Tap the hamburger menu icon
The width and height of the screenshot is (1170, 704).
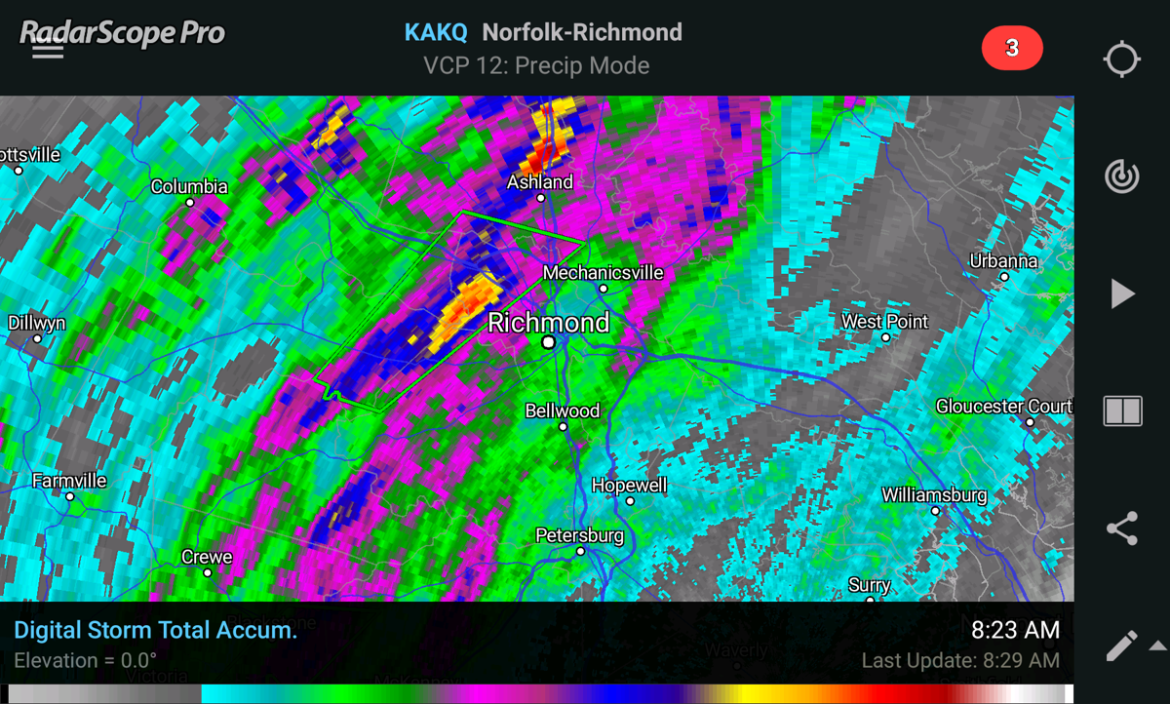[x=48, y=49]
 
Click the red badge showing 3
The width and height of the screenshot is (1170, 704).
[x=1012, y=49]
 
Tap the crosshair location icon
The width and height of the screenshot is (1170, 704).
[x=1121, y=59]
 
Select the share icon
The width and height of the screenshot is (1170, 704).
[x=1121, y=528]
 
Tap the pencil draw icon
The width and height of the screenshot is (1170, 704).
[x=1121, y=645]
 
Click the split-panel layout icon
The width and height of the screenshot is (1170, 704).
[x=1121, y=411]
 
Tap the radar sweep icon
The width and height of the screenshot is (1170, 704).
[x=1121, y=176]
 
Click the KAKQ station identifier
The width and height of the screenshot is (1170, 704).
[x=436, y=32]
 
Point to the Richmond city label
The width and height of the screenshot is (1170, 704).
[x=548, y=323]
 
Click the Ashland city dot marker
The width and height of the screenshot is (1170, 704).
[x=541, y=198]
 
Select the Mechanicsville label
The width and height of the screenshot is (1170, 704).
[x=603, y=272]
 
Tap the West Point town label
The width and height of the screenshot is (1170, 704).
[x=884, y=321]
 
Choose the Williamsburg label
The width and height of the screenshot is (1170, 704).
[x=934, y=494]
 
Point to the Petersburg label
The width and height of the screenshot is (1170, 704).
[x=579, y=535]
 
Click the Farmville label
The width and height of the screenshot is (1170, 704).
[x=69, y=481]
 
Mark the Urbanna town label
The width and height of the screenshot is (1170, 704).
[x=1003, y=260]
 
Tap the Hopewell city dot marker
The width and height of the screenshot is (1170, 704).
[x=630, y=501]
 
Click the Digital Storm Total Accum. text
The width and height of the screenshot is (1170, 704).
[x=156, y=630]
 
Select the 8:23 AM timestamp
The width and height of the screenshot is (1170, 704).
[x=1015, y=630]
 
